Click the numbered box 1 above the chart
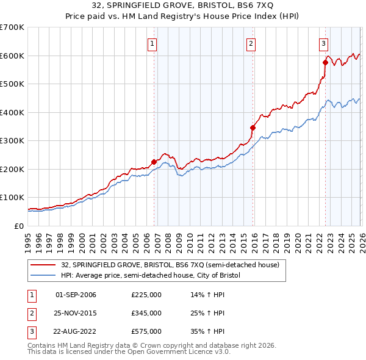tap(151, 43)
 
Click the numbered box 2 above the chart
tap(251, 43)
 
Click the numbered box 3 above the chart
tap(323, 43)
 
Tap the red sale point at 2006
tap(154, 162)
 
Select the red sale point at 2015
tap(253, 128)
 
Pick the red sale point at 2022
tap(325, 62)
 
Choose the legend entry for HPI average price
tap(151, 275)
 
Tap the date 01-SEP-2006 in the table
tap(76, 295)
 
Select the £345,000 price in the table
tap(146, 313)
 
